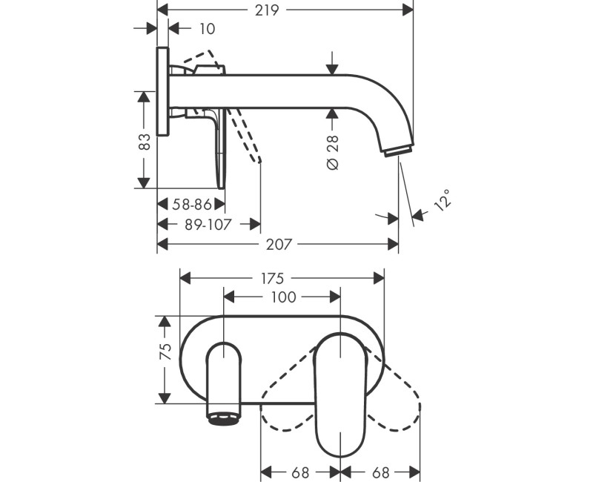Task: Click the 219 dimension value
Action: pyautogui.click(x=267, y=10)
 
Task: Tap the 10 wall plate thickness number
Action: pyautogui.click(x=207, y=29)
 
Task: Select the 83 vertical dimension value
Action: pyautogui.click(x=144, y=142)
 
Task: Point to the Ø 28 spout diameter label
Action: pyautogui.click(x=332, y=152)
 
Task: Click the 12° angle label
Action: pyautogui.click(x=443, y=200)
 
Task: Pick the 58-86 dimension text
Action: pyautogui.click(x=192, y=205)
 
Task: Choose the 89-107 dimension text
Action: pyautogui.click(x=208, y=225)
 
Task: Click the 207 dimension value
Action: pyautogui.click(x=279, y=245)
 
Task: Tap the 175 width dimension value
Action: pyautogui.click(x=272, y=279)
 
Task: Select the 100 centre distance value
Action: pyautogui.click(x=283, y=297)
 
